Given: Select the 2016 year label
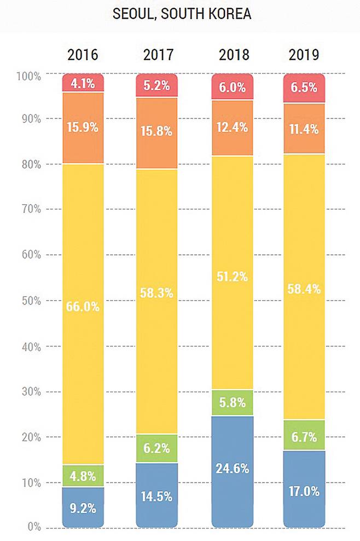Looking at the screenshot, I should [83, 55].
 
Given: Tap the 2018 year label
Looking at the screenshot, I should [233, 55].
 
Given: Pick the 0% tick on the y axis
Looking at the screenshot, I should [33, 527].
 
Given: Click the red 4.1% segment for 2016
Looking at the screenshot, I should [83, 84].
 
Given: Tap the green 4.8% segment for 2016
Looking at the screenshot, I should [83, 476].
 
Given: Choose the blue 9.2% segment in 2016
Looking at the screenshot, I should [83, 507].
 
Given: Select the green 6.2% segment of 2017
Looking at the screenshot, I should [157, 448].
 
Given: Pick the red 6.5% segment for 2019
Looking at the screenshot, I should [304, 88].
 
